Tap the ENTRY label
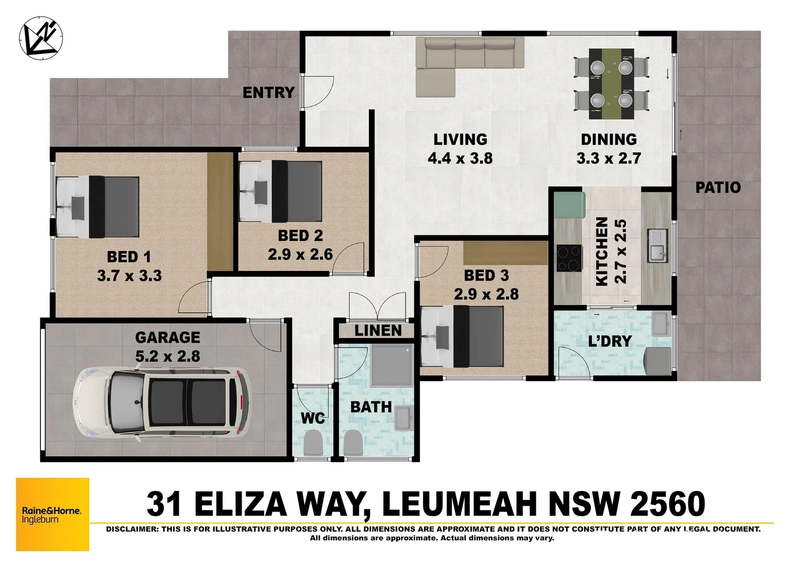(x=268, y=93)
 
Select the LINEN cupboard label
(x=378, y=331)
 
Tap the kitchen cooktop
(x=569, y=258)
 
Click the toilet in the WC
(x=313, y=442)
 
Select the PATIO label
(x=718, y=188)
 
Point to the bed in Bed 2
(x=280, y=192)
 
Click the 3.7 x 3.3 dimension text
(x=129, y=276)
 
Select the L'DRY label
(x=610, y=342)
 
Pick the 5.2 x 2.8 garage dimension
(x=168, y=357)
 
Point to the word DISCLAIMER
(x=131, y=529)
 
